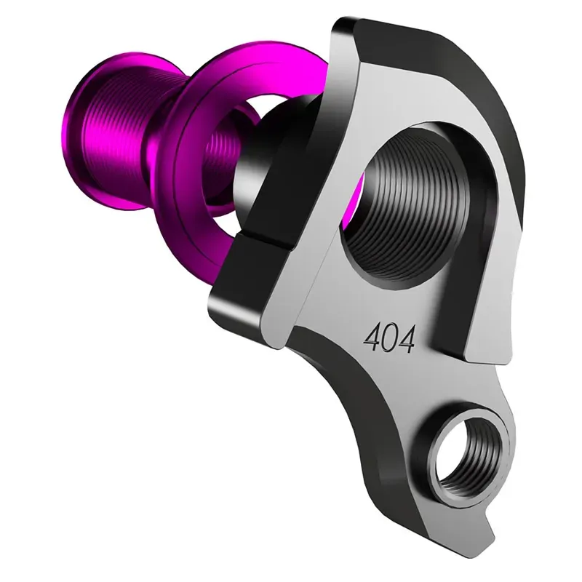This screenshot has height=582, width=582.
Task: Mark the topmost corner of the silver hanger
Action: [x=342, y=22]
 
